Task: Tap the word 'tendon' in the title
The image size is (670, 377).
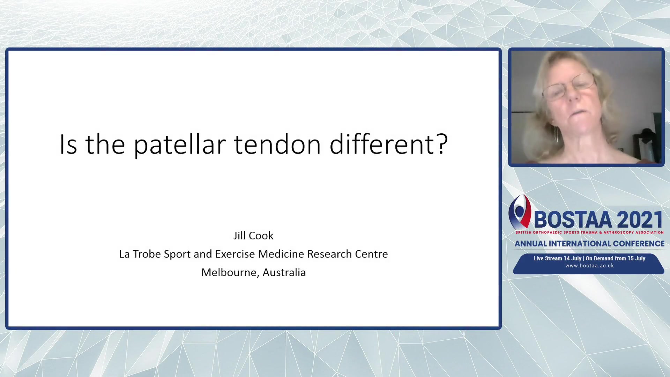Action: pyautogui.click(x=277, y=144)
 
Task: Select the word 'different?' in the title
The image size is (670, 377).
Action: pyautogui.click(x=389, y=143)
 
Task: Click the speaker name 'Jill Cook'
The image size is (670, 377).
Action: pyautogui.click(x=253, y=236)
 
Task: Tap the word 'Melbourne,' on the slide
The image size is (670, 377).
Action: pyautogui.click(x=230, y=273)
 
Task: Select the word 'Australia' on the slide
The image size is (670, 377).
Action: pyautogui.click(x=284, y=272)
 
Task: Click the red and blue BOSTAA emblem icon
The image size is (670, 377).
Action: pyautogui.click(x=520, y=212)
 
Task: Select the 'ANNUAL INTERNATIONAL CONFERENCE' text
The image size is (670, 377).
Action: pyautogui.click(x=589, y=244)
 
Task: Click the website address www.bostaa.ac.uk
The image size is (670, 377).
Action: pyautogui.click(x=589, y=266)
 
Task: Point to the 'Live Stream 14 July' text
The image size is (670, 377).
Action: pyautogui.click(x=557, y=258)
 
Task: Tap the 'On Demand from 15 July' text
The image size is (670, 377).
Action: pyautogui.click(x=616, y=258)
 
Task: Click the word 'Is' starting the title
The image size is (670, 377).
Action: pyautogui.click(x=68, y=144)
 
